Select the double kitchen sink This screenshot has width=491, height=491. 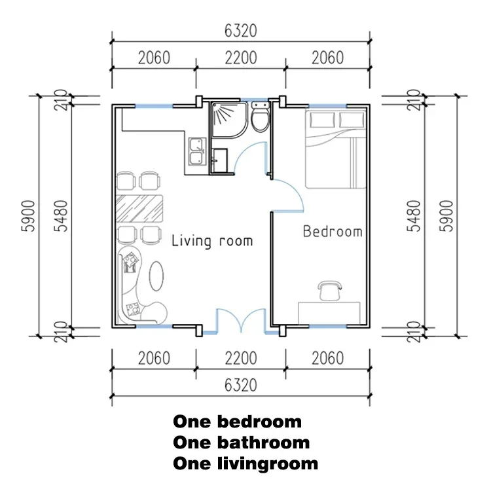pos(197,151)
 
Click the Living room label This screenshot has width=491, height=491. pos(212,242)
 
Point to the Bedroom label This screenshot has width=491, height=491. pos(333,231)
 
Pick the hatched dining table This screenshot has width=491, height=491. pos(139,208)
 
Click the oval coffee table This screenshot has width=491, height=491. pos(156,276)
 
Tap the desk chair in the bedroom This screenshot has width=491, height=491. pos(329,291)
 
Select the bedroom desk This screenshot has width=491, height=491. pos(329,313)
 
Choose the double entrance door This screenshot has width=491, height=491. pos(241,321)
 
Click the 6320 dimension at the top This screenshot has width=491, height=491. pos(240,31)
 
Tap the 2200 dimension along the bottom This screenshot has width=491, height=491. pos(240,358)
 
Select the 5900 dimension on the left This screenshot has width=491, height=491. pos(28,216)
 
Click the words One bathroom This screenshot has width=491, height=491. pos(241,443)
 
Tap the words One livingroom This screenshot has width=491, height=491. pos(245,464)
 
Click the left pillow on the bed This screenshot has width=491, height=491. pos(322,120)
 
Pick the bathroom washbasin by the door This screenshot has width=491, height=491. pos(219,160)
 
